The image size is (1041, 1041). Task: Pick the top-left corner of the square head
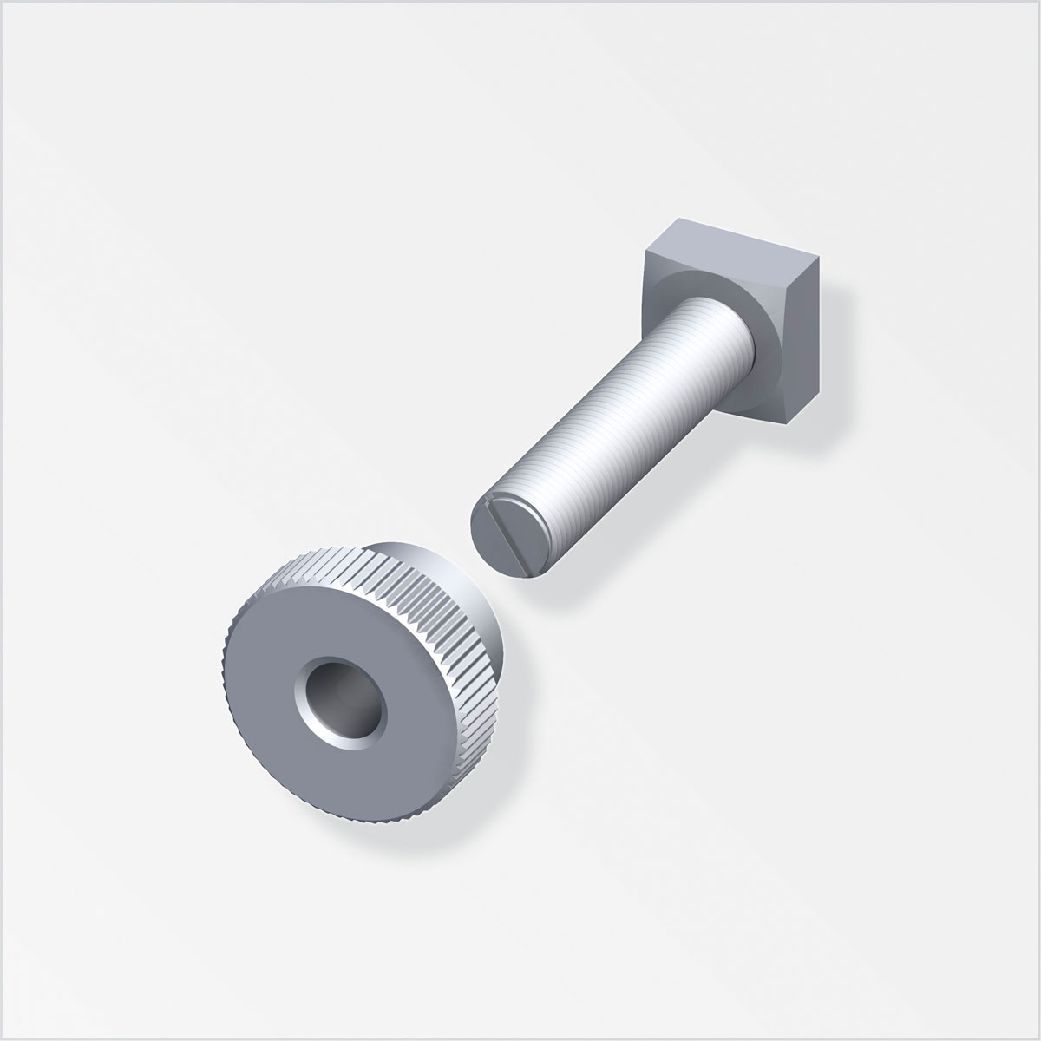pos(647,255)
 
